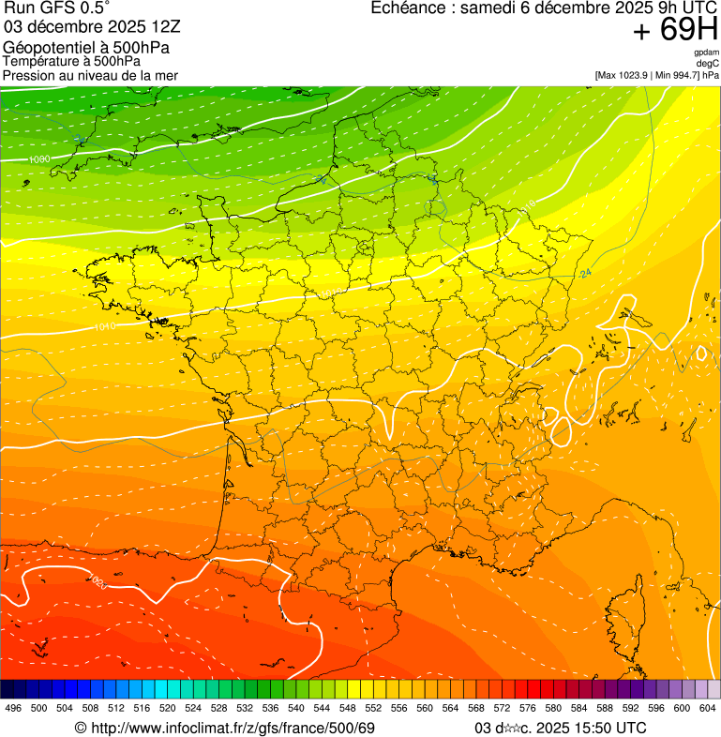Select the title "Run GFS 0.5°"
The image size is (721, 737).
57,9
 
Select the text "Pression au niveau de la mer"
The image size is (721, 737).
90,75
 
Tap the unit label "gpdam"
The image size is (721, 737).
706,53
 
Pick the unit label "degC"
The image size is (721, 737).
708,64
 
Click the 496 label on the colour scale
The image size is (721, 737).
13,709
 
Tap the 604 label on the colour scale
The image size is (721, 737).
708,709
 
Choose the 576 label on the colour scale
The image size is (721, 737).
528,709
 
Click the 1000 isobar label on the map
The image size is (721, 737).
38,159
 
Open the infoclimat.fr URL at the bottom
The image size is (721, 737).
234,728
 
